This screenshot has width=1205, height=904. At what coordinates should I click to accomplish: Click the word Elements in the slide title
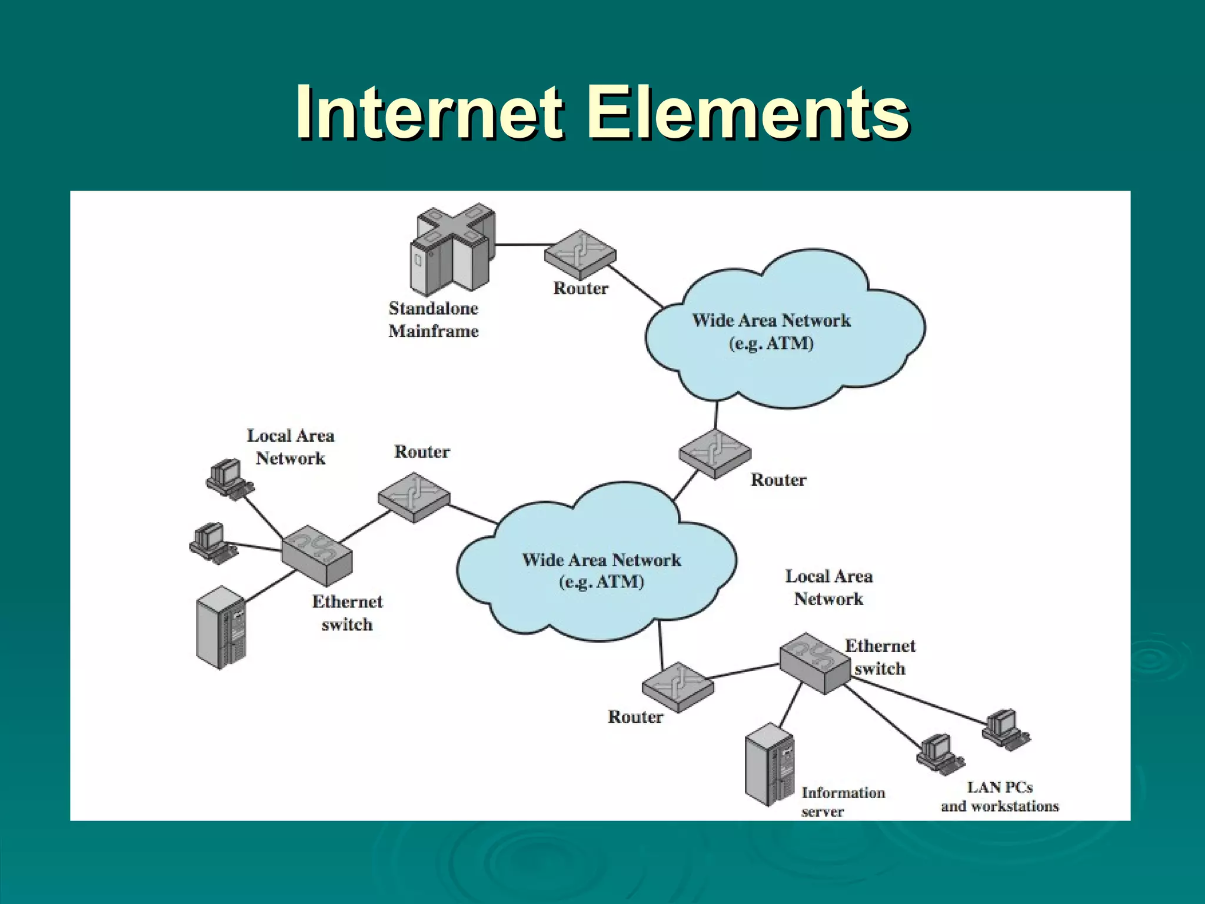pyautogui.click(x=748, y=112)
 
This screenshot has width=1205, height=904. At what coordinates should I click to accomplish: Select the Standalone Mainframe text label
pyautogui.click(x=434, y=320)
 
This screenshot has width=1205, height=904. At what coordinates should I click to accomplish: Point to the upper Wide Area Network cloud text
pyautogui.click(x=771, y=331)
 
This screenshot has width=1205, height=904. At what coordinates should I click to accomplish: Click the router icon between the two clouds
pyautogui.click(x=715, y=454)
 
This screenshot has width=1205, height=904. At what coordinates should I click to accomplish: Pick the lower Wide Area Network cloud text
pyautogui.click(x=601, y=570)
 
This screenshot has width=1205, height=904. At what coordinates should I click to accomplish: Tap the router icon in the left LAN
pyautogui.click(x=414, y=497)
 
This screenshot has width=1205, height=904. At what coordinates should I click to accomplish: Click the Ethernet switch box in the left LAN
pyautogui.click(x=317, y=556)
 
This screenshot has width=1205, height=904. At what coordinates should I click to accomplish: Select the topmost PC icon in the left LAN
pyautogui.click(x=228, y=478)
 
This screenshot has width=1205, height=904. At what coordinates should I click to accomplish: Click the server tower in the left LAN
pyautogui.click(x=221, y=627)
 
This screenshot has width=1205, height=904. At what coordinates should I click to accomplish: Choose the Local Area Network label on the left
pyautogui.click(x=290, y=447)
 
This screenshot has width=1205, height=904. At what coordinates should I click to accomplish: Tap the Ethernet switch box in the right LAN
pyautogui.click(x=815, y=663)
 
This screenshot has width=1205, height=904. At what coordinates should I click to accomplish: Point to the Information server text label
pyautogui.click(x=843, y=802)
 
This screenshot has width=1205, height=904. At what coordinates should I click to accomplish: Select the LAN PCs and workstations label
pyautogui.click(x=999, y=797)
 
